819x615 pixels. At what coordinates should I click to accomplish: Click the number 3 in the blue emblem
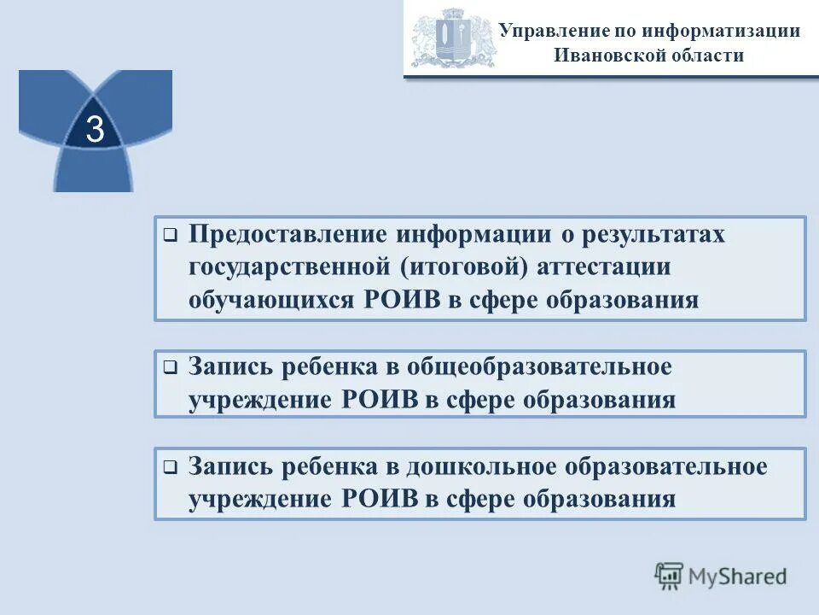pos(95,130)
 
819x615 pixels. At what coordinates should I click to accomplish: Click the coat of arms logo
pos(452,38)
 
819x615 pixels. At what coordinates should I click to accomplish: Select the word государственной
pos(290,267)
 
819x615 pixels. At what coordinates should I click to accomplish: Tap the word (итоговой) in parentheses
pos(456,267)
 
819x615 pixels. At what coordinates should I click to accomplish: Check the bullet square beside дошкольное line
pos(170,467)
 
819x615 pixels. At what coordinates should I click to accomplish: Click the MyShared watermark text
pos(738,576)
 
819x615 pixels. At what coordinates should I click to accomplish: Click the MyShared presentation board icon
pos(669,575)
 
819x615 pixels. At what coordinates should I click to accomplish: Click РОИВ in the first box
pos(383,300)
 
